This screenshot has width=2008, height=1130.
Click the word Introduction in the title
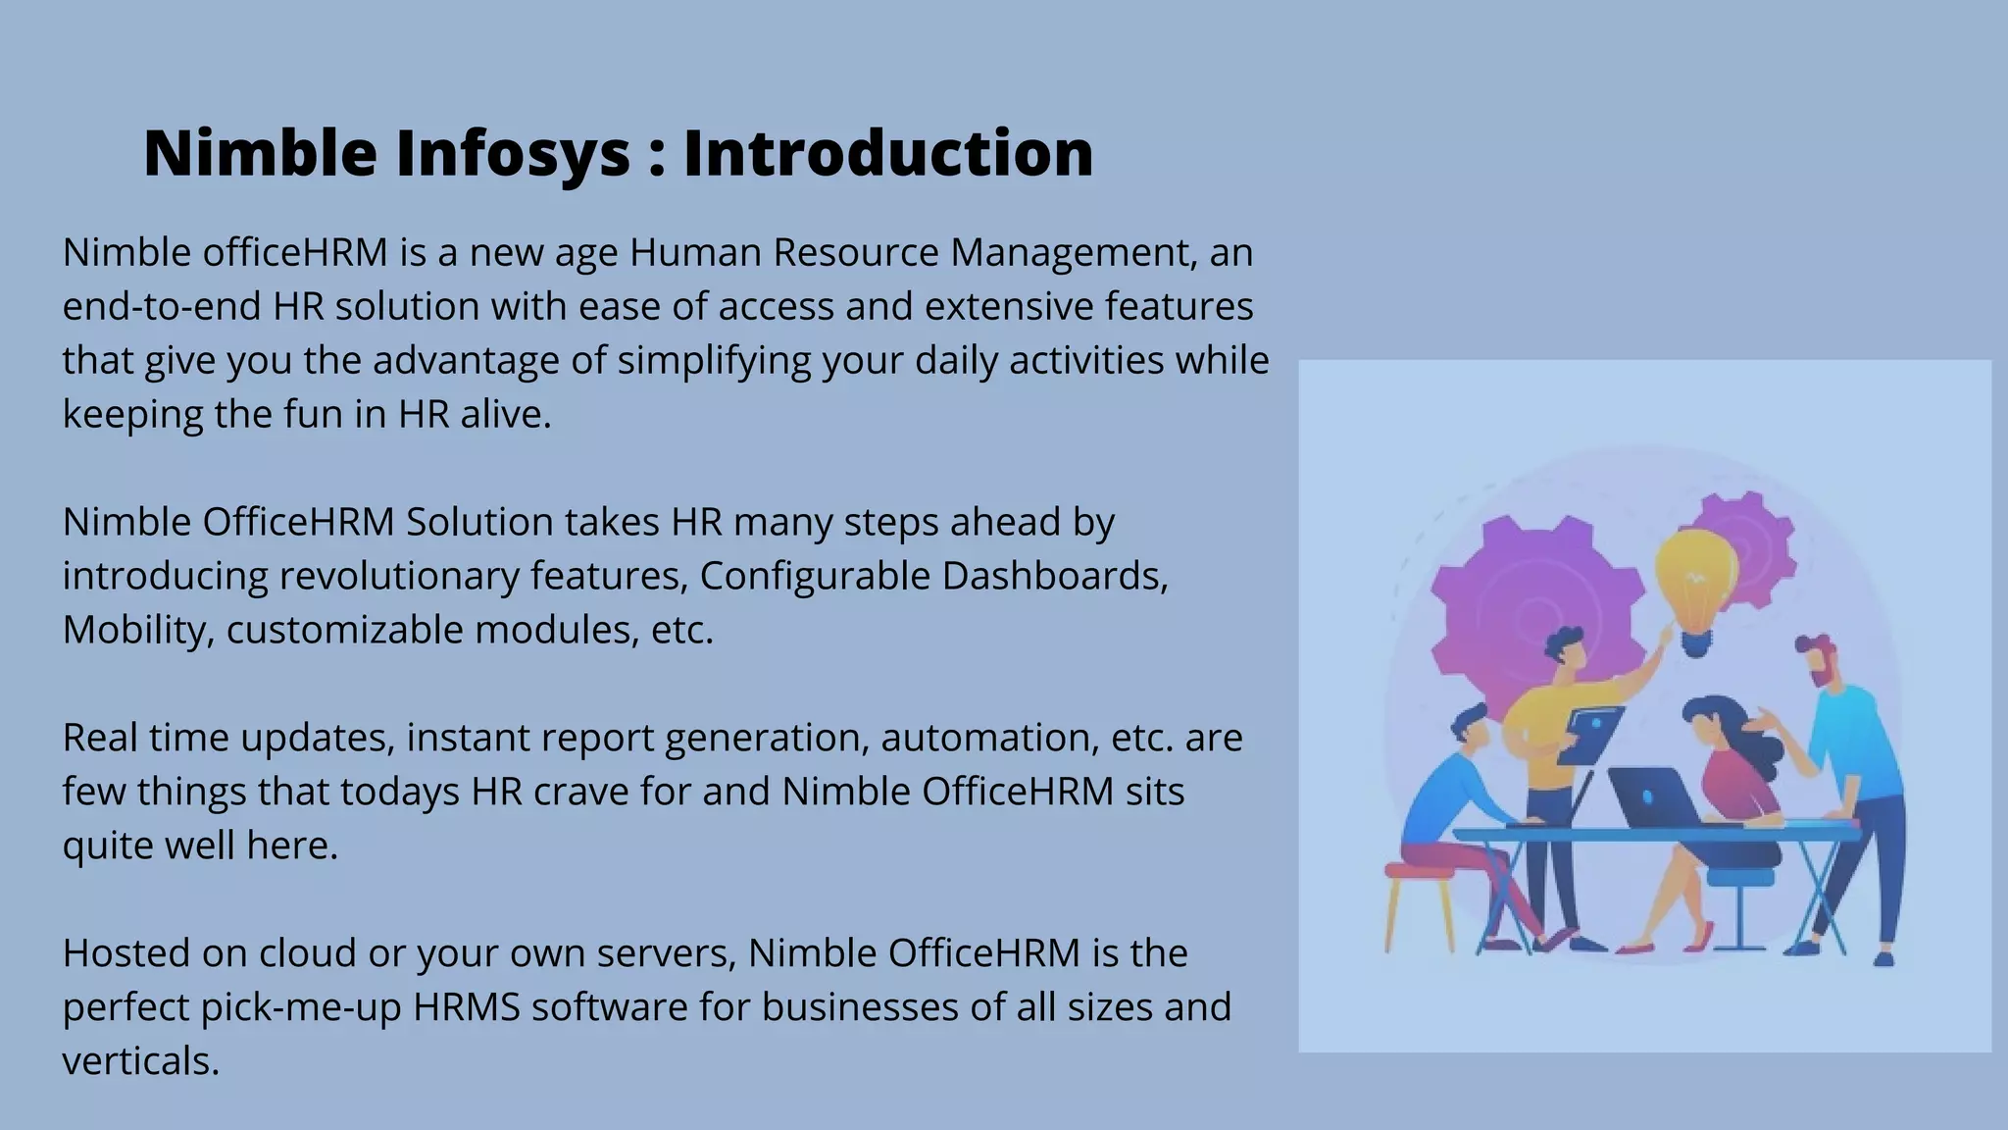pyautogui.click(x=887, y=153)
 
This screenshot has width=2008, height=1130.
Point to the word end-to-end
pyautogui.click(x=162, y=306)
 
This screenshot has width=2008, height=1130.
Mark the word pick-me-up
pyautogui.click(x=301, y=1007)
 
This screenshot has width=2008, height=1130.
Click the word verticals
pyautogui.click(x=140, y=1061)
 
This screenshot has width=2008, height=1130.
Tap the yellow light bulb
pyautogui.click(x=1695, y=579)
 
